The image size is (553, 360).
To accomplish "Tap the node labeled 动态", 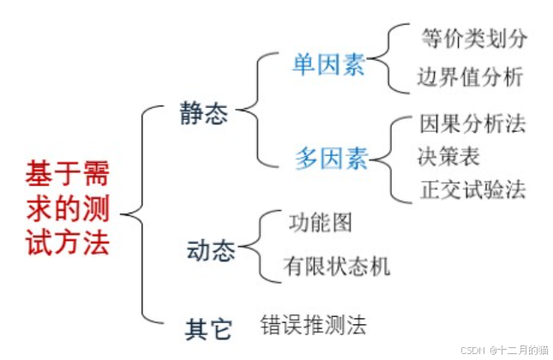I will tap(210, 251).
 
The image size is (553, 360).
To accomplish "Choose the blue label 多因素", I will tap(331, 158).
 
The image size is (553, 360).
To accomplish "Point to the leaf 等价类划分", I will tap(474, 39).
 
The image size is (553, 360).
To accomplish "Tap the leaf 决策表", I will tap(449, 156).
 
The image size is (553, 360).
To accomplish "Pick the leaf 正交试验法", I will tap(473, 188).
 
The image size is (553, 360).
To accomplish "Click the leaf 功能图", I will tap(320, 223).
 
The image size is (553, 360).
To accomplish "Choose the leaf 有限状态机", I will tap(336, 267).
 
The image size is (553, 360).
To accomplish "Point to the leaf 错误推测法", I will tap(314, 325).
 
